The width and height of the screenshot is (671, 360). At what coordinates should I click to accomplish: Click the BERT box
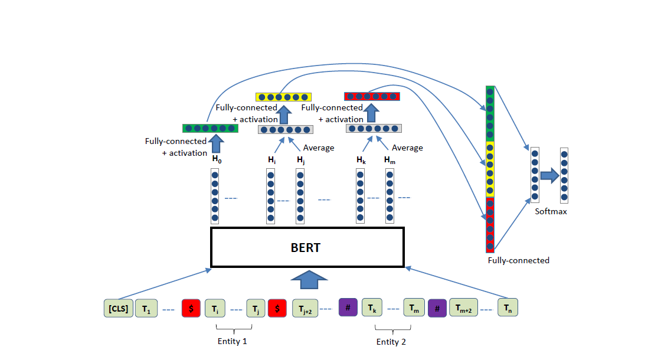tap(307, 247)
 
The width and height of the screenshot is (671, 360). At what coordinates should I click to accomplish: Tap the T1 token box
tap(146, 308)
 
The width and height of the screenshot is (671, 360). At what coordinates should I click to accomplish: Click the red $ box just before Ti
tap(191, 308)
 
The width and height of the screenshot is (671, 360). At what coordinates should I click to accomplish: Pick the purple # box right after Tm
tap(437, 308)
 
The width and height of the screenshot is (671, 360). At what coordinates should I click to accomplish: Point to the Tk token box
tap(372, 308)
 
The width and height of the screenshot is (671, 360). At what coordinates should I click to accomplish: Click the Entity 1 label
tap(233, 342)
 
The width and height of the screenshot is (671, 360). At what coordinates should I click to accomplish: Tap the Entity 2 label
tap(391, 342)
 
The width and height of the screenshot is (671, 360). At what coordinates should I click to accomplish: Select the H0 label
tap(217, 159)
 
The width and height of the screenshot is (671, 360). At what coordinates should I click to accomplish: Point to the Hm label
tap(389, 159)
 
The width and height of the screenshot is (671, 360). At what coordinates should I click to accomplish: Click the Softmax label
tap(551, 211)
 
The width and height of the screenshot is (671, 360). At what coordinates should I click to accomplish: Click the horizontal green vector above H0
tap(210, 128)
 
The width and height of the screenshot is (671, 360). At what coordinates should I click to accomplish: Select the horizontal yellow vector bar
tap(283, 97)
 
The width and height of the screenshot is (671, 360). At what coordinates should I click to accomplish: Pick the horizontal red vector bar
tap(372, 96)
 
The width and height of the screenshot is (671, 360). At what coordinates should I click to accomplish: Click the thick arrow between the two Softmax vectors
tap(549, 175)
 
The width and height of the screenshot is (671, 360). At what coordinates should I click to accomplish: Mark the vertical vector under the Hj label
tap(300, 197)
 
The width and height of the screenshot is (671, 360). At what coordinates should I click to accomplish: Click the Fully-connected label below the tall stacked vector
tap(518, 260)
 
